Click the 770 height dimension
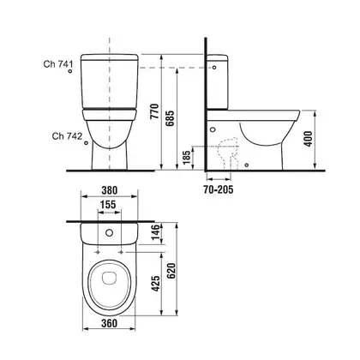154,111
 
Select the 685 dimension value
170,118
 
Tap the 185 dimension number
186,158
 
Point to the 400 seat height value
308,139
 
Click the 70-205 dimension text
219,189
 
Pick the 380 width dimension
110,190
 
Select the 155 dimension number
108,205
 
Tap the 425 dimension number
156,284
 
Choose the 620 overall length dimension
171,271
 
